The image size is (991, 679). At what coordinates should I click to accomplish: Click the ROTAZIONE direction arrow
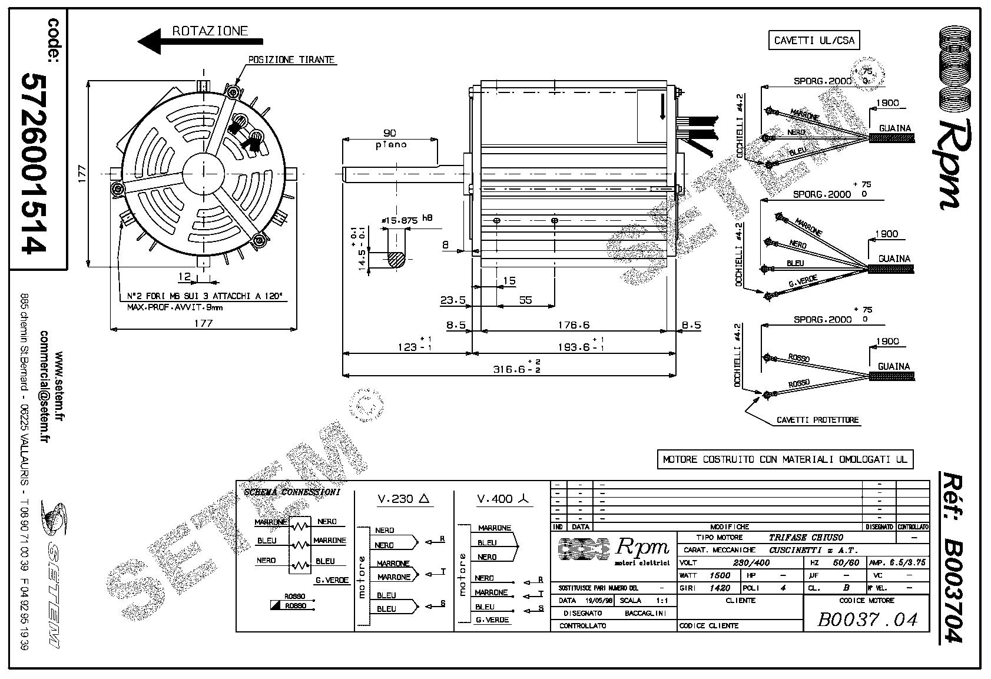tap(200, 42)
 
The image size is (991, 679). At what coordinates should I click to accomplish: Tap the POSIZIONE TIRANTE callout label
tap(291, 60)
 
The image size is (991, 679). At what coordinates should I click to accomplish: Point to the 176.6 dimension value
tap(574, 324)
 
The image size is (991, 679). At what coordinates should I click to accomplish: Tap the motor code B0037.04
tap(867, 619)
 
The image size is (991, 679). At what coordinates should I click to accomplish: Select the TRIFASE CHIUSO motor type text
tap(806, 537)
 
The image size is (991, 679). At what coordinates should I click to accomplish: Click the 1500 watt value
tap(720, 575)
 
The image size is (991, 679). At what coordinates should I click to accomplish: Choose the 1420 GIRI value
tap(720, 588)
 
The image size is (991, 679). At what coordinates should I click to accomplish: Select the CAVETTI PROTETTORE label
tap(818, 420)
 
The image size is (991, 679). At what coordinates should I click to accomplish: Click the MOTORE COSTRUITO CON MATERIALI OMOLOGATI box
tap(785, 460)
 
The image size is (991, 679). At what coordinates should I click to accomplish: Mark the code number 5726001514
tap(34, 163)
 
